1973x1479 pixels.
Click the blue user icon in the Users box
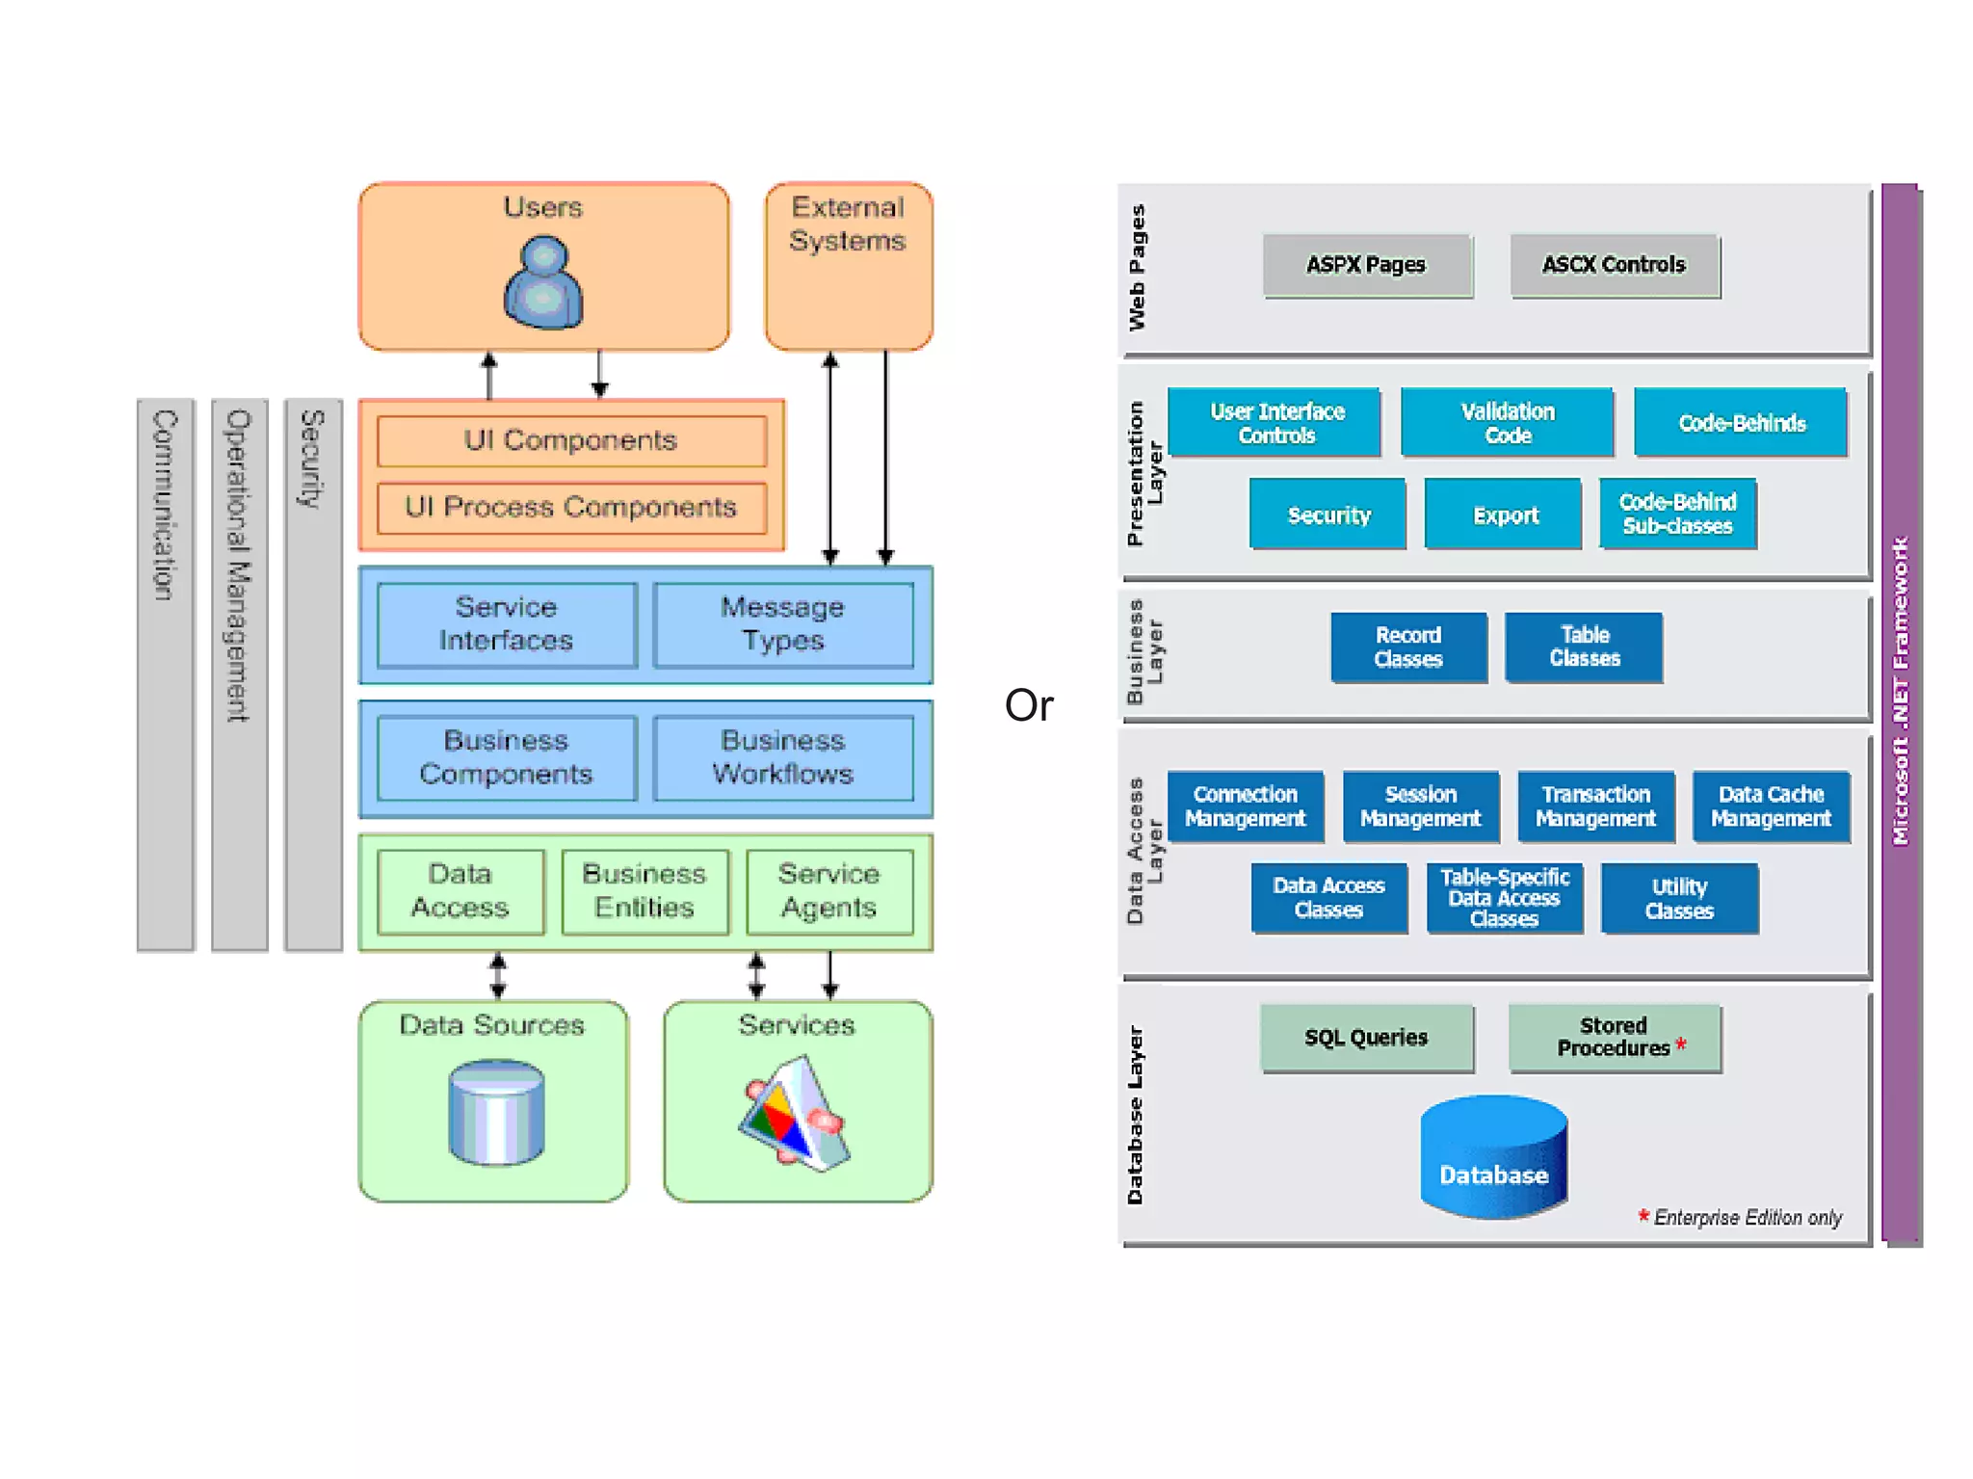(x=543, y=284)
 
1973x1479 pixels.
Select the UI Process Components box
(x=571, y=508)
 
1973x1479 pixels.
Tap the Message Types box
(x=782, y=624)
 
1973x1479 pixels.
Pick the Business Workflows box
(x=782, y=757)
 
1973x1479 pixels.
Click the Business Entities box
(x=645, y=891)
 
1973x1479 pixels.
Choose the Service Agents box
(x=829, y=891)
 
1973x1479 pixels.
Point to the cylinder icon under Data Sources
(x=497, y=1112)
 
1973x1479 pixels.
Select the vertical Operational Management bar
(x=239, y=674)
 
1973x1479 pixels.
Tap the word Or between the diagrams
(x=1029, y=705)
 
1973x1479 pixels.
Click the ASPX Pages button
(x=1366, y=265)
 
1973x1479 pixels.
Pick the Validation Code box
(x=1507, y=423)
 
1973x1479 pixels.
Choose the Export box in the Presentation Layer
(x=1504, y=515)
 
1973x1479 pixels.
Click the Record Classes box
(x=1407, y=647)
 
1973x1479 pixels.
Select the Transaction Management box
(x=1595, y=806)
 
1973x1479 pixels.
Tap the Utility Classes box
(x=1679, y=899)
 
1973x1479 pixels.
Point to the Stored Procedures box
(x=1615, y=1038)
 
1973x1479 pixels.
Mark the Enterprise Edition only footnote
(x=1745, y=1218)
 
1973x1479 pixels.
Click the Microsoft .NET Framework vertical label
(x=1900, y=691)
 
